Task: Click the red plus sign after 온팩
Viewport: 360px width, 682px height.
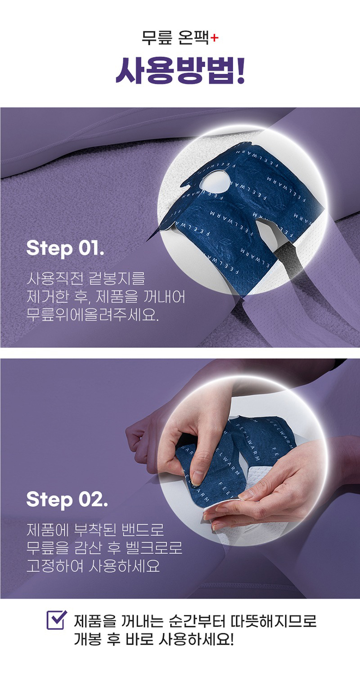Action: [x=214, y=38]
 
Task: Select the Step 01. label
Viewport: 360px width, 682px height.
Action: [x=65, y=249]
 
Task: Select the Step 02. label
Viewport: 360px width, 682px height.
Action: [x=67, y=500]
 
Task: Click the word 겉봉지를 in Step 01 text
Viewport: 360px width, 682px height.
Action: [x=117, y=278]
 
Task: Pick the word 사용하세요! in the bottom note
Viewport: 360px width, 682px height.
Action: [x=196, y=639]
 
